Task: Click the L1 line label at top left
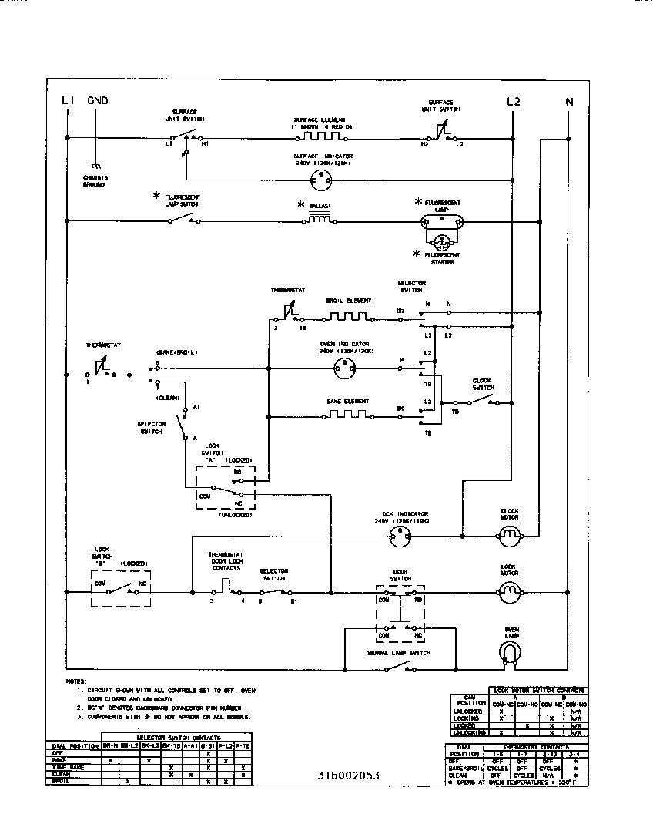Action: [66, 101]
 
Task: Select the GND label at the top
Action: [98, 101]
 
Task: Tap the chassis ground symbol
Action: [95, 165]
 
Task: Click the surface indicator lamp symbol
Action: [320, 180]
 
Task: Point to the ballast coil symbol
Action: [320, 220]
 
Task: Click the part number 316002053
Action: [347, 775]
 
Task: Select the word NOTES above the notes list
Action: [75, 681]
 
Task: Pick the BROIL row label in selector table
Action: [59, 782]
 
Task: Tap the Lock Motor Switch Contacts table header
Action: [538, 690]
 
